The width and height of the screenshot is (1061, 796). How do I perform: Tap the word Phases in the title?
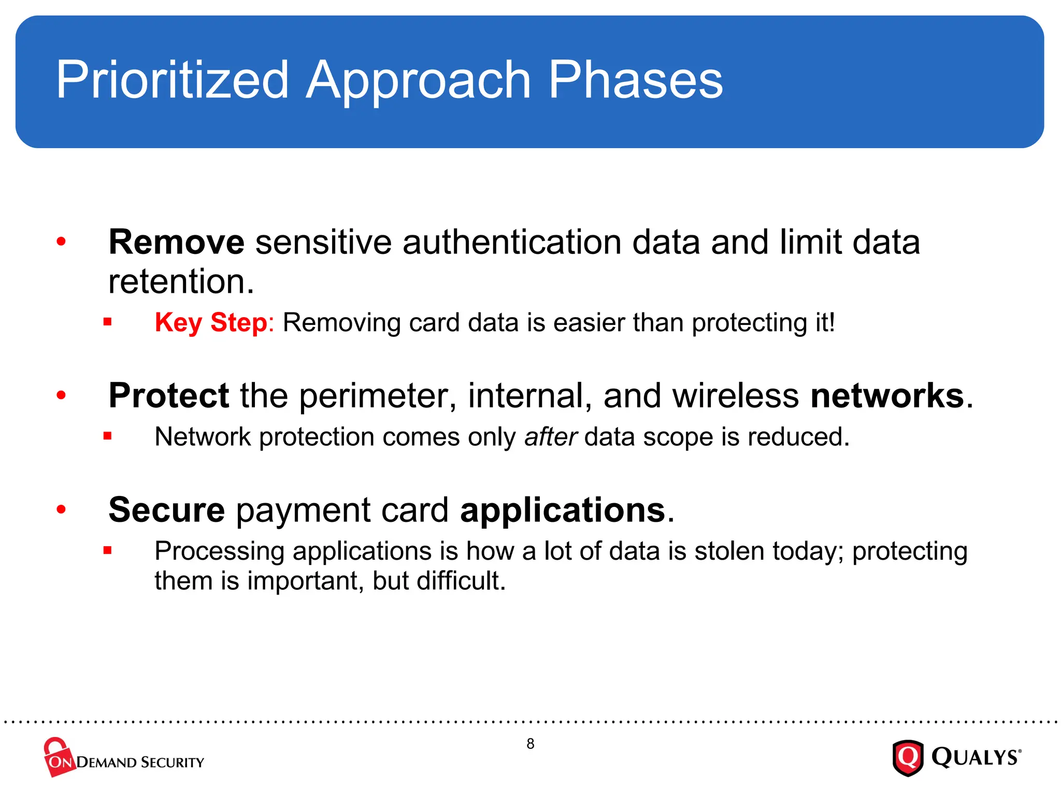pyautogui.click(x=635, y=80)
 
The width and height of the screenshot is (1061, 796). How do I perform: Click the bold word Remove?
pyautogui.click(x=176, y=242)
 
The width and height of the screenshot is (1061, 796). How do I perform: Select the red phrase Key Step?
pyautogui.click(x=211, y=322)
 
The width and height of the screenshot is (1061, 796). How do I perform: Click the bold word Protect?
pyautogui.click(x=168, y=395)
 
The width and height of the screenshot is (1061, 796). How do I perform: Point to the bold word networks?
pyautogui.click(x=887, y=395)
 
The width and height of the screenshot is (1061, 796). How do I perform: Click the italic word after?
pyautogui.click(x=550, y=436)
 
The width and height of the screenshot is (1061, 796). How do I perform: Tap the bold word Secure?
pyautogui.click(x=166, y=510)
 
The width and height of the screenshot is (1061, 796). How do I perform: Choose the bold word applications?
pyautogui.click(x=563, y=510)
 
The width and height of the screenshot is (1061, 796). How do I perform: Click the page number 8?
pyautogui.click(x=530, y=744)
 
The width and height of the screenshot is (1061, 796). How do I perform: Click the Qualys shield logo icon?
pyautogui.click(x=908, y=758)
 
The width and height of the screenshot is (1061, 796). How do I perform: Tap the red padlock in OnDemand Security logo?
pyautogui.click(x=57, y=754)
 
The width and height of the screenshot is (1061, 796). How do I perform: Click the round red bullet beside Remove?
pyautogui.click(x=61, y=241)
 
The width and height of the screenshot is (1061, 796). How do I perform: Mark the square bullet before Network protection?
pyautogui.click(x=107, y=436)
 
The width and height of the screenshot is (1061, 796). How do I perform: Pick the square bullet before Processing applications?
pyautogui.click(x=107, y=551)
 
